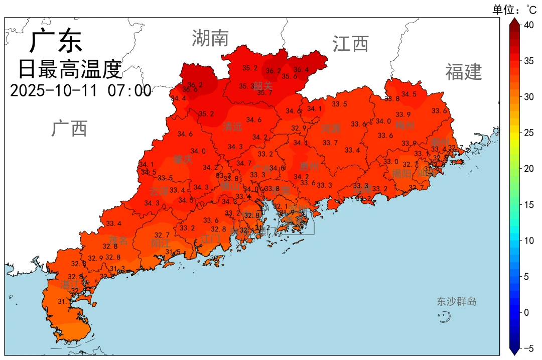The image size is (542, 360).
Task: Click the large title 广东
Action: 55,41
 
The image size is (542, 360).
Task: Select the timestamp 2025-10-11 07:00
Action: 80,91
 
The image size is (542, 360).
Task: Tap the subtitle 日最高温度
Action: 70,69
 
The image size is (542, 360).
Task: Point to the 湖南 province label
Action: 210,38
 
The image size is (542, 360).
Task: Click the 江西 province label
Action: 350,44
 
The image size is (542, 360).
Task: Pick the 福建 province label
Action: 463,72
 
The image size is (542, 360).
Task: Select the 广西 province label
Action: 69,129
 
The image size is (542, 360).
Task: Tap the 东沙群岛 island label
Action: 456,302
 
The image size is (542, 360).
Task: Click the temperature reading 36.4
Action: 302,70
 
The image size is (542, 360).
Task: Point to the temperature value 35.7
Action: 264,93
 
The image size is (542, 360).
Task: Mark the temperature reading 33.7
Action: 330,143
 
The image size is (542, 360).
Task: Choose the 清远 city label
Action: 232,127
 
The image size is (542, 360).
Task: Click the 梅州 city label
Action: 404,125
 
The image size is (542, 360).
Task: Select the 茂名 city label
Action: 118,241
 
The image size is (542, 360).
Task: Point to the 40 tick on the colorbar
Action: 528,25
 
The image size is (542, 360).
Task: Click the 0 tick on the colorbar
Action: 526,312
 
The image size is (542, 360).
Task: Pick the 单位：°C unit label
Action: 514,9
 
